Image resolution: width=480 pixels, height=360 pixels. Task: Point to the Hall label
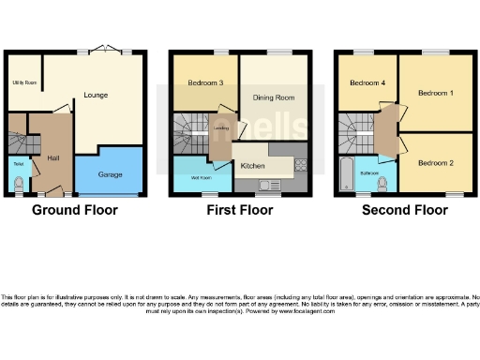tap(52, 158)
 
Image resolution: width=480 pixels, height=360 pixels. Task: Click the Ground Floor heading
tap(75, 210)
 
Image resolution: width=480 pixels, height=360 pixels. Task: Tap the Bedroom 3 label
tap(204, 83)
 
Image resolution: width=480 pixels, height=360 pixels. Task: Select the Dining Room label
tap(272, 97)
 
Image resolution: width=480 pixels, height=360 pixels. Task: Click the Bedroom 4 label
tap(367, 83)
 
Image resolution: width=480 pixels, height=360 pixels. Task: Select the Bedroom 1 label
tap(436, 94)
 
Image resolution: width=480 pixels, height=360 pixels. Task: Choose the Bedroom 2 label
tap(436, 163)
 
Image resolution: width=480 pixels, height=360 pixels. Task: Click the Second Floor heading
tap(405, 210)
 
